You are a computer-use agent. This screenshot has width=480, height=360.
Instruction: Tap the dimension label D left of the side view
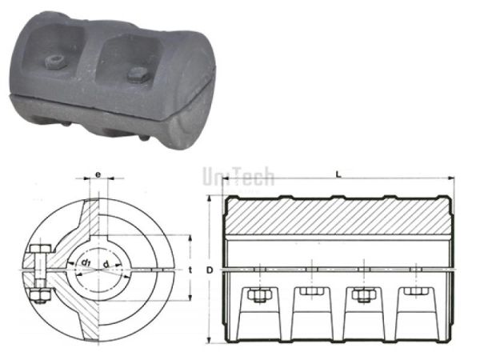[210, 270]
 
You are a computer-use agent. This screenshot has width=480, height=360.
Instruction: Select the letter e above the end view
[98, 172]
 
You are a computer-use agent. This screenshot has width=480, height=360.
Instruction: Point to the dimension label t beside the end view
[191, 270]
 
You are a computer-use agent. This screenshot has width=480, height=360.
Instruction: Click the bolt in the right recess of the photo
[135, 76]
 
